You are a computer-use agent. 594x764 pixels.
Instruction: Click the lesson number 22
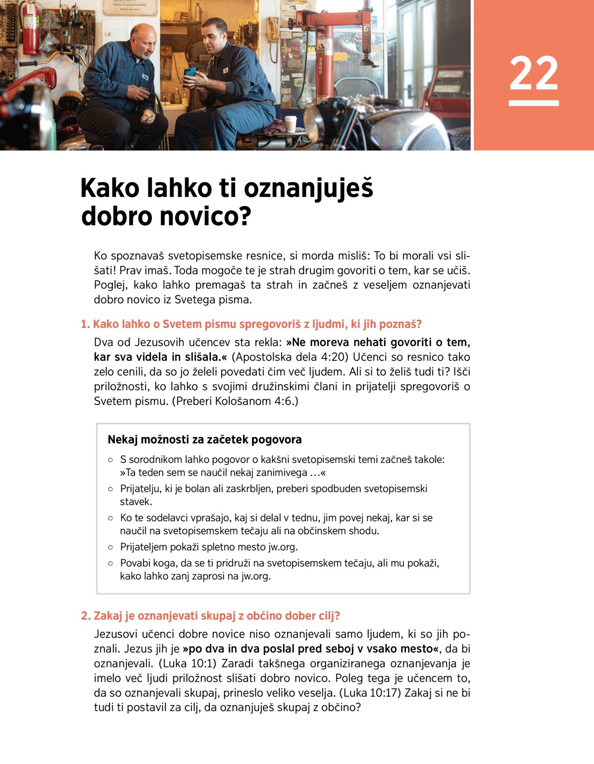tap(534, 73)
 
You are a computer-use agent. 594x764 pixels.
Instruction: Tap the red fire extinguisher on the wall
tap(30, 30)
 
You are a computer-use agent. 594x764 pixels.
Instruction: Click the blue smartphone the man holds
tap(190, 72)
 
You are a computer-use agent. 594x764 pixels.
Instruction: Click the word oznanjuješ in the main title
tap(308, 189)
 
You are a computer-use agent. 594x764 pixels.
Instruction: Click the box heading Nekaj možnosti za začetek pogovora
tap(204, 440)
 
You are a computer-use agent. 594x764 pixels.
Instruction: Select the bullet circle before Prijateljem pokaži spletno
tap(110, 547)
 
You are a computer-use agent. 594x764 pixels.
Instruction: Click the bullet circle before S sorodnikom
tap(110, 459)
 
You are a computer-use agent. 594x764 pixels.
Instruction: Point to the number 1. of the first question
tap(85, 324)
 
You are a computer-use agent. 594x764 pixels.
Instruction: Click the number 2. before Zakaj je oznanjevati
tap(86, 616)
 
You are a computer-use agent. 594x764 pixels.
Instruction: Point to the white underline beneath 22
tap(534, 103)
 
